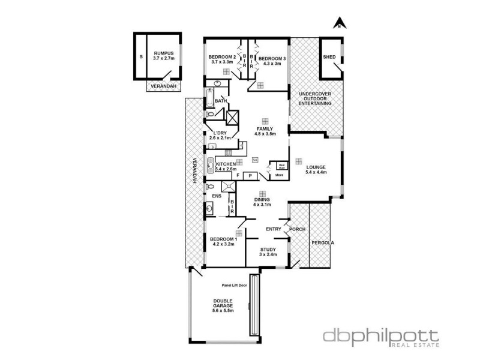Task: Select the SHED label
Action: [x=329, y=57]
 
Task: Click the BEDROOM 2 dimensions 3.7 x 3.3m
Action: [x=221, y=62]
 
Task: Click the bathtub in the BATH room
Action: [x=209, y=98]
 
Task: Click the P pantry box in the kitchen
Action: [x=250, y=176]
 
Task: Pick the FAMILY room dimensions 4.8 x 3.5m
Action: [x=265, y=135]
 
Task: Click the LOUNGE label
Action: [x=315, y=168]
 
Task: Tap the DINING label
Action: [x=262, y=199]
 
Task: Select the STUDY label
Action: [x=268, y=249]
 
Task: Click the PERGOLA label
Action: [x=322, y=243]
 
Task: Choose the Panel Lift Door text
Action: [x=234, y=285]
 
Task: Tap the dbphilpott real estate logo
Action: [x=381, y=337]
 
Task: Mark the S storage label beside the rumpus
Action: [x=140, y=56]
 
